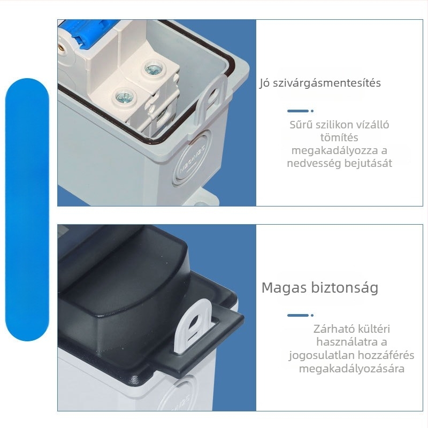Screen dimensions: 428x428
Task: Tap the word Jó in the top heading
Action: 265,83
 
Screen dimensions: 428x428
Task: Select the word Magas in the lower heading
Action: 284,288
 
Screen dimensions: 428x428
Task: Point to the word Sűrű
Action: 300,125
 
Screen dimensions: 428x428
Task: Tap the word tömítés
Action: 339,137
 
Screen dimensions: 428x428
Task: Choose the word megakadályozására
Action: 351,369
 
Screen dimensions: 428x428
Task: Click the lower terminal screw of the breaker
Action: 125,96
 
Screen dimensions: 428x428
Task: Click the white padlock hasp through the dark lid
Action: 193,325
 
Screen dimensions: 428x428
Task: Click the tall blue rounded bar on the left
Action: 27,210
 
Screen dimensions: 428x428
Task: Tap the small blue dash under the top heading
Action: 298,111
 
